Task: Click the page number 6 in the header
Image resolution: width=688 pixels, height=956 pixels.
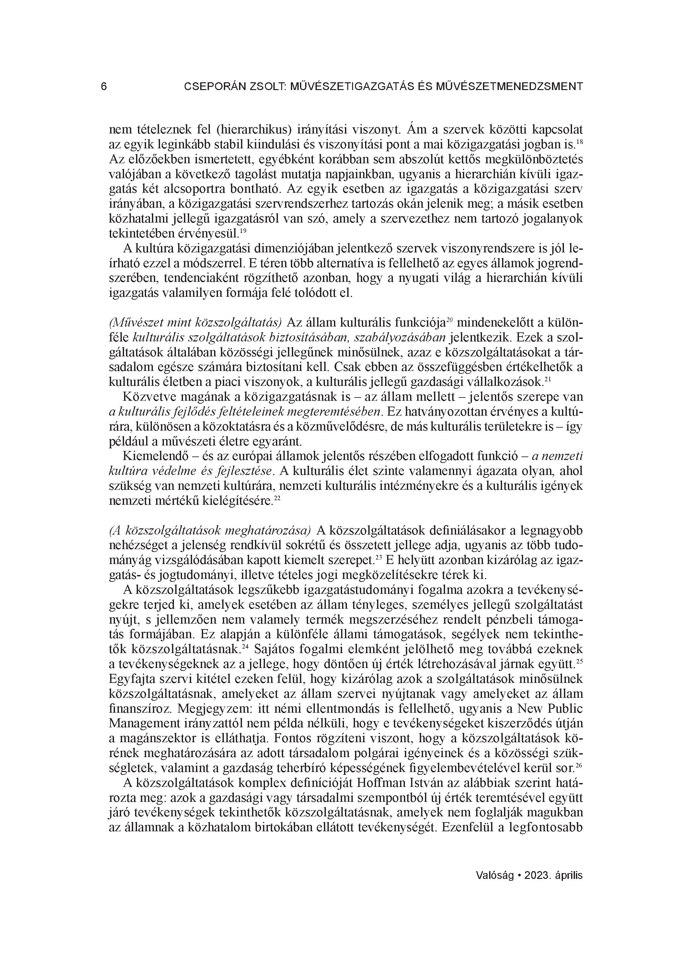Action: tap(104, 87)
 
